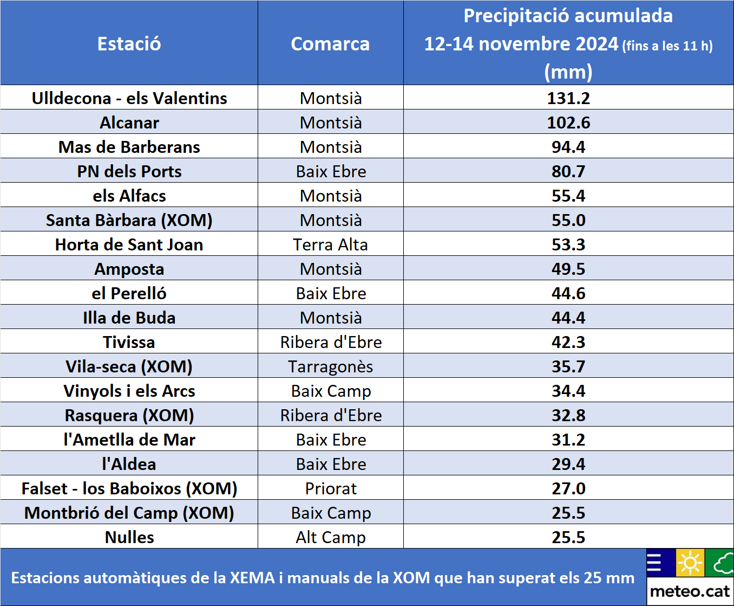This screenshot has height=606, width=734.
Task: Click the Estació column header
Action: pos(129,44)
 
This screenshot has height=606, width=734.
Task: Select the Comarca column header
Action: pos(330,44)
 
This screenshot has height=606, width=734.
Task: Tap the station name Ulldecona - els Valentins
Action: pos(129,98)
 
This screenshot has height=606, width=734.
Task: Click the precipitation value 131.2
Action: pos(568,98)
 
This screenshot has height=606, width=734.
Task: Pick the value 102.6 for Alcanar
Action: pos(568,123)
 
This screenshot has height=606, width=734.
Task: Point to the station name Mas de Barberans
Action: pos(129,147)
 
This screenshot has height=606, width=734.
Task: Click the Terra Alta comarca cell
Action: pos(330,244)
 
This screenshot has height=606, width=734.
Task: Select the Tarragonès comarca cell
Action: pos(330,366)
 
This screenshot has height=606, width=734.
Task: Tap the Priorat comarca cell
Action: pos(330,488)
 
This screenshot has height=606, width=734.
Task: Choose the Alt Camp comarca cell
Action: pos(330,537)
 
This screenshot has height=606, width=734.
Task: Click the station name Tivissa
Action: pos(129,342)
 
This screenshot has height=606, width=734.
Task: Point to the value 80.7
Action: pos(568,171)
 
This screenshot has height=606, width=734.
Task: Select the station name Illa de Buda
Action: pos(129,318)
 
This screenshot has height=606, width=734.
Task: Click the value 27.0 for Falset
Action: pos(568,488)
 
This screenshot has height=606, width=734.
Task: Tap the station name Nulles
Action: pos(129,537)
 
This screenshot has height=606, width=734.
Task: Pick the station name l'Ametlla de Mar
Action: pos(129,440)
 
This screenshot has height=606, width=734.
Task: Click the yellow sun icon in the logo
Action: pos(690,563)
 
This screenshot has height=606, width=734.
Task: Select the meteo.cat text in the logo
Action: pos(690,591)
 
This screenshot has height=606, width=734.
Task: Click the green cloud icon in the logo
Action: pos(720,563)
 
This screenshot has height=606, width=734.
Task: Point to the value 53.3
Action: pos(568,244)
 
